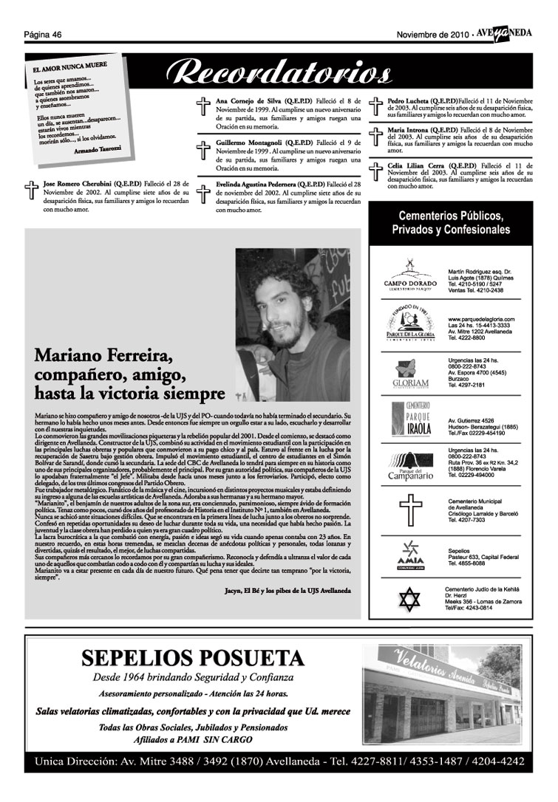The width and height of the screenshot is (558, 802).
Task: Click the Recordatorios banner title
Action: [x=279, y=72]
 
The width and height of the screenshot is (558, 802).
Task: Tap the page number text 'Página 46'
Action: [x=42, y=34]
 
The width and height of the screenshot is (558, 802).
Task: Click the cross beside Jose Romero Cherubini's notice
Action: [x=31, y=191]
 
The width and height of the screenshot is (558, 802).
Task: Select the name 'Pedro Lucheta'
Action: [x=412, y=100]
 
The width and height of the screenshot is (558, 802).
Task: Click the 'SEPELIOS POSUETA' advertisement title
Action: [x=192, y=657]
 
